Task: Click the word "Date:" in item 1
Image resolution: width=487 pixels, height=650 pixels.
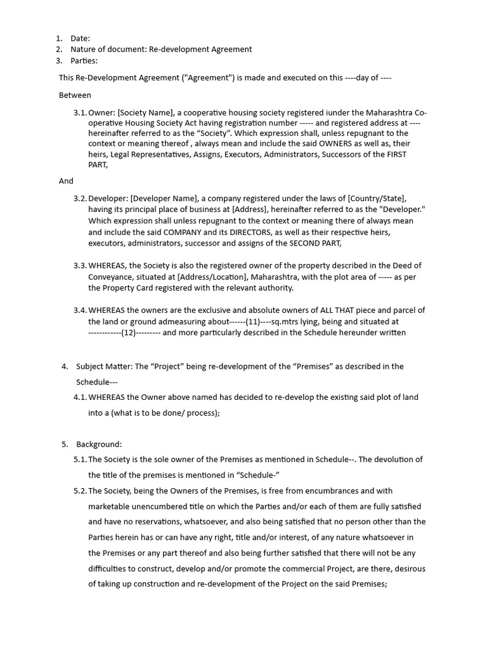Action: point(81,38)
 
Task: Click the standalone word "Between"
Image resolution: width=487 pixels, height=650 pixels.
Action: point(75,95)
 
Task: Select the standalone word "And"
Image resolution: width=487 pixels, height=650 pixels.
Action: point(66,181)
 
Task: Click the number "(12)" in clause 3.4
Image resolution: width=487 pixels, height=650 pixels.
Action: point(129,333)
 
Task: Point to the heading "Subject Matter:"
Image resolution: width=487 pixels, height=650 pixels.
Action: point(103,366)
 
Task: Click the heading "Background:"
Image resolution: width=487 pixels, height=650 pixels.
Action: point(99,444)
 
